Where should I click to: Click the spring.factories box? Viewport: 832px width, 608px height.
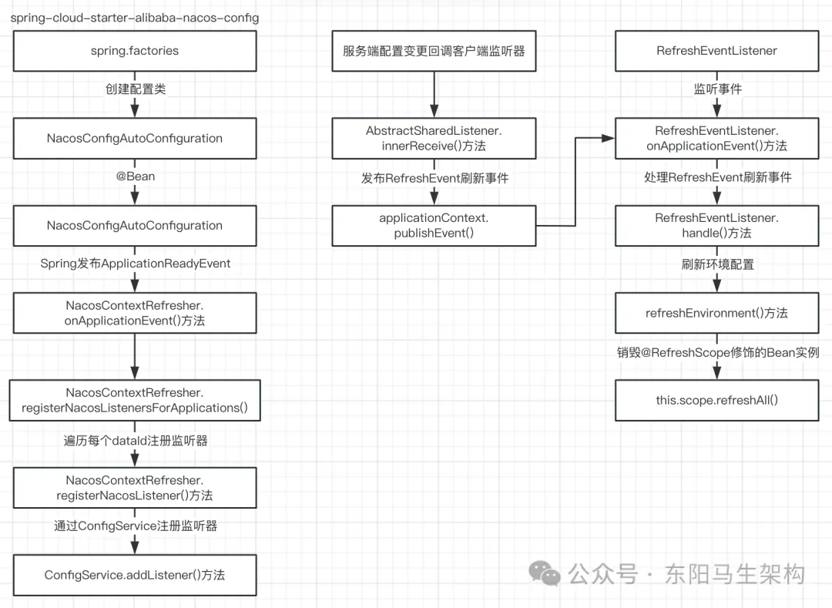point(135,51)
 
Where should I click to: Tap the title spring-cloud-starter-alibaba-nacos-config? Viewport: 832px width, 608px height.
point(135,17)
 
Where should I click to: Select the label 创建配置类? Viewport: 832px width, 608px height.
point(135,89)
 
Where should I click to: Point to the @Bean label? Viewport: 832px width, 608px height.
point(135,176)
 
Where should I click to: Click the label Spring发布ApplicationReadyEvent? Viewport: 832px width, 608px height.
point(135,264)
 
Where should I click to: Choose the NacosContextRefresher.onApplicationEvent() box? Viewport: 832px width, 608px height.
point(135,313)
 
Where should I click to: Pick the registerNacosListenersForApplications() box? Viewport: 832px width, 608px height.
point(135,400)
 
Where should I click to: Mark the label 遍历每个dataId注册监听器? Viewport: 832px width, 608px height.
point(135,442)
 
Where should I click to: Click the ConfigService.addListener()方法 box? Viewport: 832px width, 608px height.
point(135,575)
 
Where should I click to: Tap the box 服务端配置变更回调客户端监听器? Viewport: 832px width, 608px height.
point(434,51)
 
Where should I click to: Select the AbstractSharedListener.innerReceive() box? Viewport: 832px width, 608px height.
point(434,138)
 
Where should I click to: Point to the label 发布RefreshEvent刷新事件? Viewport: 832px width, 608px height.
point(434,179)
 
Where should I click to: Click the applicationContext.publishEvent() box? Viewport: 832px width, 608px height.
point(434,225)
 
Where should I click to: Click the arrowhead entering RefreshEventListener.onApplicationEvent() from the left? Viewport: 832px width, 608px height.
point(608,138)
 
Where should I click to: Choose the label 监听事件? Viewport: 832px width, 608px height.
point(717,89)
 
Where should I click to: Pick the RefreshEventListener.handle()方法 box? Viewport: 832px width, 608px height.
point(717,225)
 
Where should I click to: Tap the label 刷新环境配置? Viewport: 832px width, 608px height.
point(717,264)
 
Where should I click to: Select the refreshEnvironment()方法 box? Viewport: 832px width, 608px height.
point(717,313)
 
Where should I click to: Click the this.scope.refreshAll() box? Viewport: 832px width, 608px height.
point(717,400)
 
